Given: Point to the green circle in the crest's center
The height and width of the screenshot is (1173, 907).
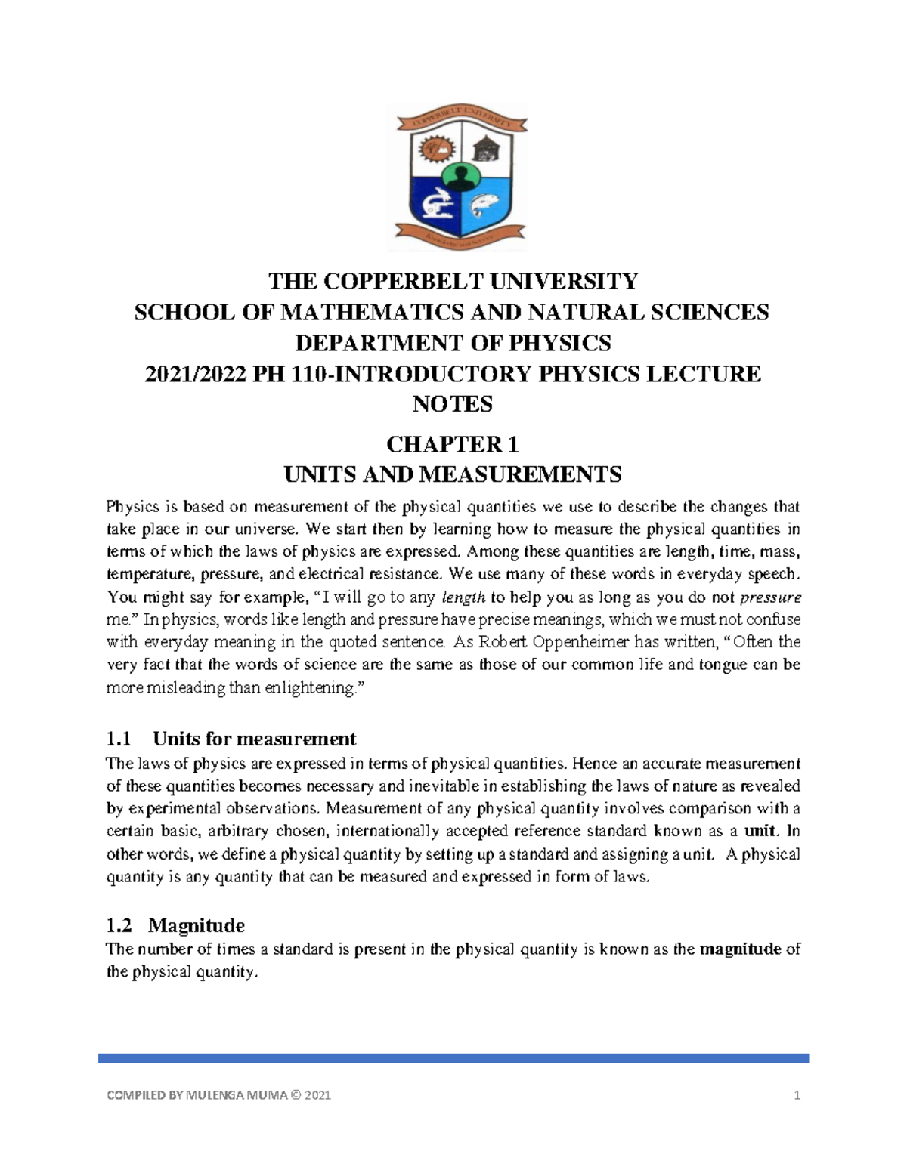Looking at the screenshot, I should (457, 178).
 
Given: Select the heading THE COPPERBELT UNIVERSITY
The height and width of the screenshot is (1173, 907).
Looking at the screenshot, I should (453, 282).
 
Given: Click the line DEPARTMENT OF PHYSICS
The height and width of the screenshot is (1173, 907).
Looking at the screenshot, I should (453, 343).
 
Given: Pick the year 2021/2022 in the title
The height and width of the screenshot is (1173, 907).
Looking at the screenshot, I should (195, 374).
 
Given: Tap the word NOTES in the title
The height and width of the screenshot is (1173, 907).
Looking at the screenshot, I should (453, 404).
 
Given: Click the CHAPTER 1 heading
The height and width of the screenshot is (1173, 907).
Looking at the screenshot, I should (453, 443).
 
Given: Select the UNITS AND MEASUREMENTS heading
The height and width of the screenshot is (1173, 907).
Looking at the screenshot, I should (453, 474).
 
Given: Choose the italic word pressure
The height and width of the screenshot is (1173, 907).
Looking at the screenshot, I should (769, 597).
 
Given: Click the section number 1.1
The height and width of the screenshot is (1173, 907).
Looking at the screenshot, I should (119, 738).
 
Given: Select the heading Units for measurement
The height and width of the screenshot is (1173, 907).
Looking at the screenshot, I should (254, 738).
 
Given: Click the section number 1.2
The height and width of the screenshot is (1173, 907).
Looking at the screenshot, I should (119, 925).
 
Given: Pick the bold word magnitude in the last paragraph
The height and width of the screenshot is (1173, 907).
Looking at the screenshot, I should (740, 949).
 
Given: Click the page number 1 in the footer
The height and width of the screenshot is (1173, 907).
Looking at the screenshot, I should (797, 1095).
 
